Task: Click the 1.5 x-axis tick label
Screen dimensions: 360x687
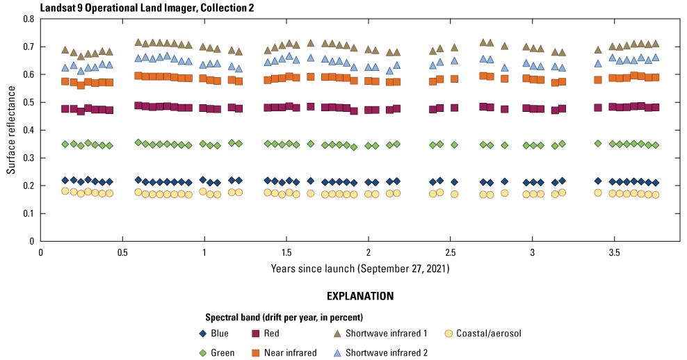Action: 286,254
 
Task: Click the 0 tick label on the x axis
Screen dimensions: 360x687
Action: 41,254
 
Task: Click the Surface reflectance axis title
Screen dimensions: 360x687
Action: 12,130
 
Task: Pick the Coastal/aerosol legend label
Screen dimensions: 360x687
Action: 489,334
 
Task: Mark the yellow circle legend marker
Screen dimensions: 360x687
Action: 449,334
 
